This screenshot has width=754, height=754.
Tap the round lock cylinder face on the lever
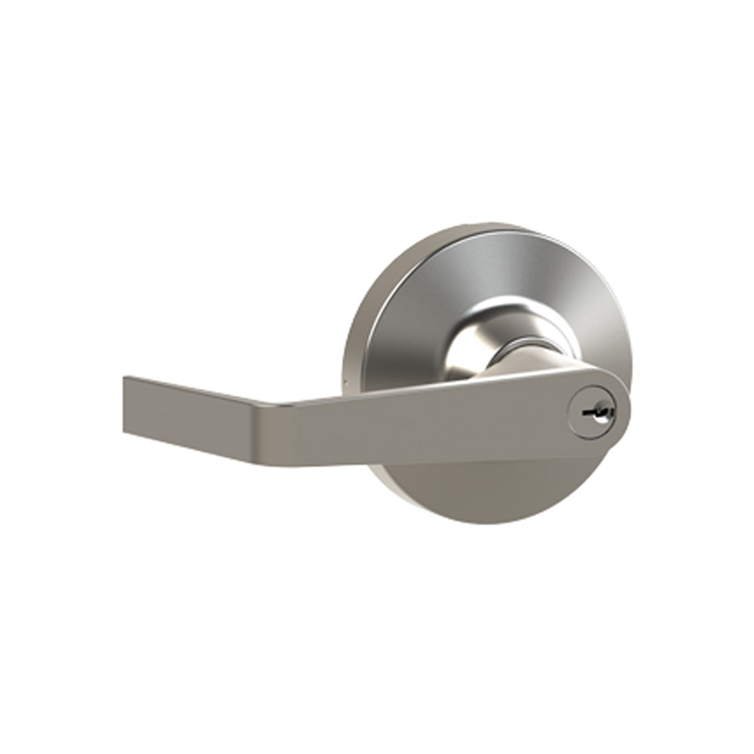(593, 413)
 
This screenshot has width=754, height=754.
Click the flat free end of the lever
(125, 406)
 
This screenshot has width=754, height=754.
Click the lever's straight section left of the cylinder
(422, 422)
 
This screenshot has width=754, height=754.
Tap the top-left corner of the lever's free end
(124, 378)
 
